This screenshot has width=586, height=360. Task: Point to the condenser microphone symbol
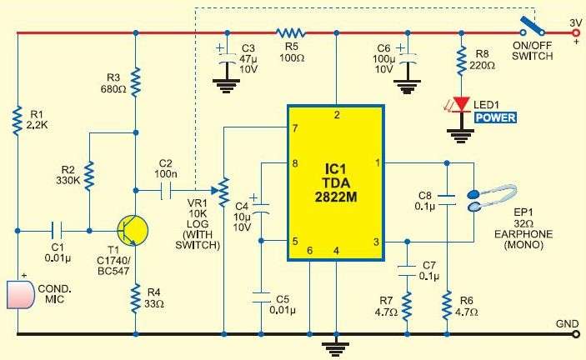18,295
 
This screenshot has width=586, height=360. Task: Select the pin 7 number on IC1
295,129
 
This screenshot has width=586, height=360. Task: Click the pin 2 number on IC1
337,114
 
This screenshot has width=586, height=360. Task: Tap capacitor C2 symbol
164,189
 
